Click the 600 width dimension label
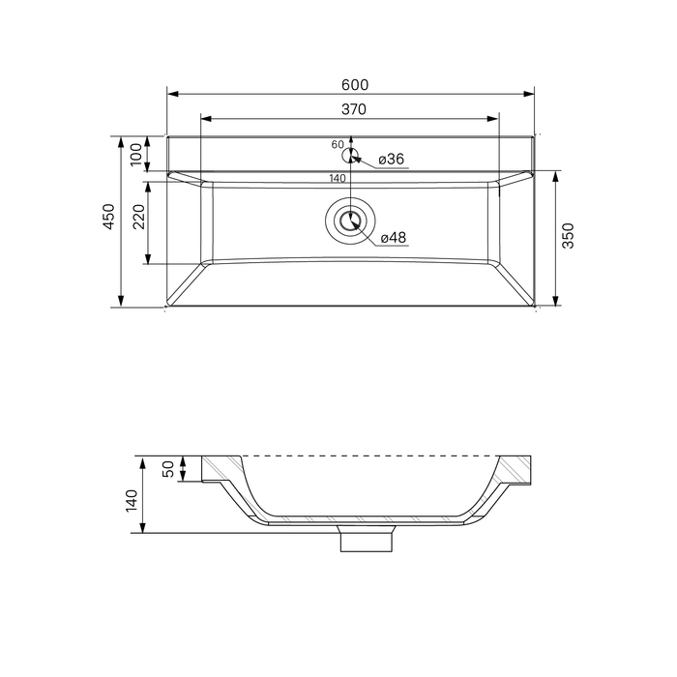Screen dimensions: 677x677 (355, 85)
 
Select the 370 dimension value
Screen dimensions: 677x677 (354, 109)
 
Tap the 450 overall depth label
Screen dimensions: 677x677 (108, 217)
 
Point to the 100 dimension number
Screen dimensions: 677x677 (135, 154)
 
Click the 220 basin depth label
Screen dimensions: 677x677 (139, 217)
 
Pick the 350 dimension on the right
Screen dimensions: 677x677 (569, 236)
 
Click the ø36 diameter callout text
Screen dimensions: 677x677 (391, 160)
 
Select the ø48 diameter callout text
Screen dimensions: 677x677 (394, 238)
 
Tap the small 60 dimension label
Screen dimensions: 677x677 (338, 145)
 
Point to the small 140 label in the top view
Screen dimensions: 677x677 (338, 178)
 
